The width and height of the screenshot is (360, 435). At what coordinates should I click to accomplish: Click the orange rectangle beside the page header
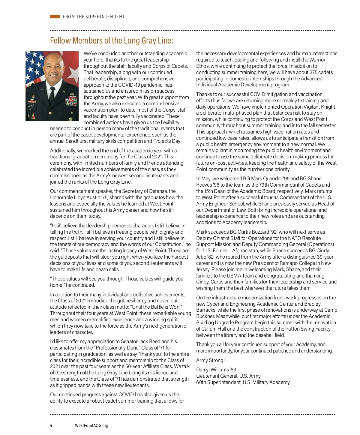click(55, 17)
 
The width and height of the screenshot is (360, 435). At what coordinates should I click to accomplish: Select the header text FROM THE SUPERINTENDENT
click(94, 17)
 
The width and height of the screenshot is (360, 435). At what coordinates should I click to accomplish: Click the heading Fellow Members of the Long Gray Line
click(111, 40)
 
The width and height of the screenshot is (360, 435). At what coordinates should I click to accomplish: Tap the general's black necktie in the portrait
click(52, 94)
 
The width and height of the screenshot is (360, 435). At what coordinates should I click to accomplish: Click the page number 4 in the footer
click(51, 425)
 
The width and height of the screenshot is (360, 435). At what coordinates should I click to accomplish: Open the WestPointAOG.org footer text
click(91, 425)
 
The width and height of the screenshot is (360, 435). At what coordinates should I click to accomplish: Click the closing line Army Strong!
click(210, 360)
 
